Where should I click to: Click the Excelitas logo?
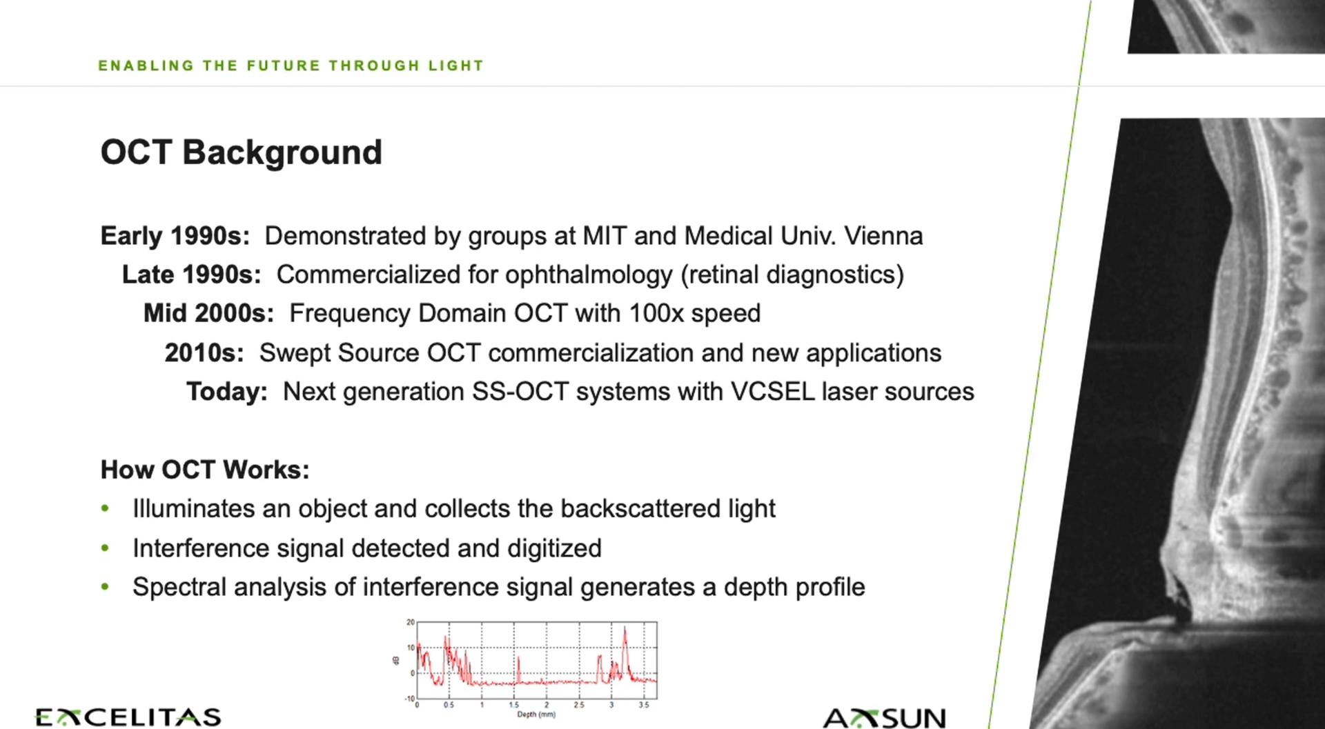pos(128,717)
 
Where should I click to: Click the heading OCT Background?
pos(241,152)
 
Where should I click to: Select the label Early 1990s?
pos(175,236)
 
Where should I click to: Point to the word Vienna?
pos(883,236)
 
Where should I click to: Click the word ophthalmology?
pos(589,274)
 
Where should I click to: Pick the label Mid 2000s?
pos(208,313)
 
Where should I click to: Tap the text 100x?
pos(656,313)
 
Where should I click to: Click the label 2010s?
pos(204,352)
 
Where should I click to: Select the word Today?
pos(226,392)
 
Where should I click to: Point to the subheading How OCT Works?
pos(205,470)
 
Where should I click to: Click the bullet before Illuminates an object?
pos(105,509)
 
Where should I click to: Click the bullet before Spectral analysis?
pos(105,587)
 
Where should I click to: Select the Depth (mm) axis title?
pos(536,715)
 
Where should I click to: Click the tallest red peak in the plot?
pos(625,629)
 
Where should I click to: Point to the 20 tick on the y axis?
pos(411,622)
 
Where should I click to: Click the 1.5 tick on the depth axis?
pos(513,705)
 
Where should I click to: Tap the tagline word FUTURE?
pos(284,66)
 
